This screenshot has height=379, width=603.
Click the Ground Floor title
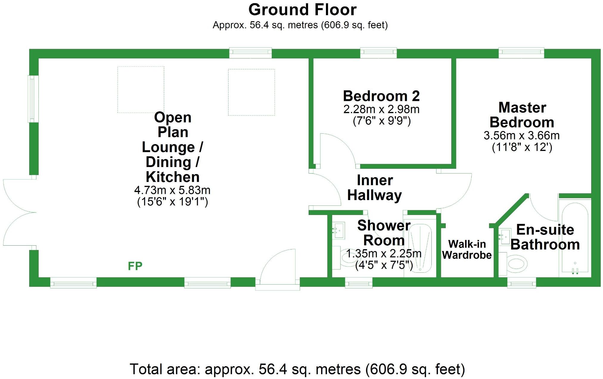[302, 10]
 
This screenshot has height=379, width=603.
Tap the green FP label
[135, 266]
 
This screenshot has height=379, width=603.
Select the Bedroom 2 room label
[381, 96]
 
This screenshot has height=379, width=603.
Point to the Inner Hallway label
[374, 188]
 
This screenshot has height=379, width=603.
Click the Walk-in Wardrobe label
[467, 249]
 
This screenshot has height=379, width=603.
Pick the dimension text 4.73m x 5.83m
[172, 190]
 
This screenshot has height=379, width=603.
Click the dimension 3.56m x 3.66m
[521, 136]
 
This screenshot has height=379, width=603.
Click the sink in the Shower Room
[339, 230]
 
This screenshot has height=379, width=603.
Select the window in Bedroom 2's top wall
[378, 53]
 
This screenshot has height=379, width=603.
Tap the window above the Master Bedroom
[521, 53]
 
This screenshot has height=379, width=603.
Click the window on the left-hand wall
[33, 99]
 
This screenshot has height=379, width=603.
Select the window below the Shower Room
[358, 283]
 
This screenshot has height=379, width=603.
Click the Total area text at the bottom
[297, 369]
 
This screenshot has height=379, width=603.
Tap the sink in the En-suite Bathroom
[504, 237]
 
